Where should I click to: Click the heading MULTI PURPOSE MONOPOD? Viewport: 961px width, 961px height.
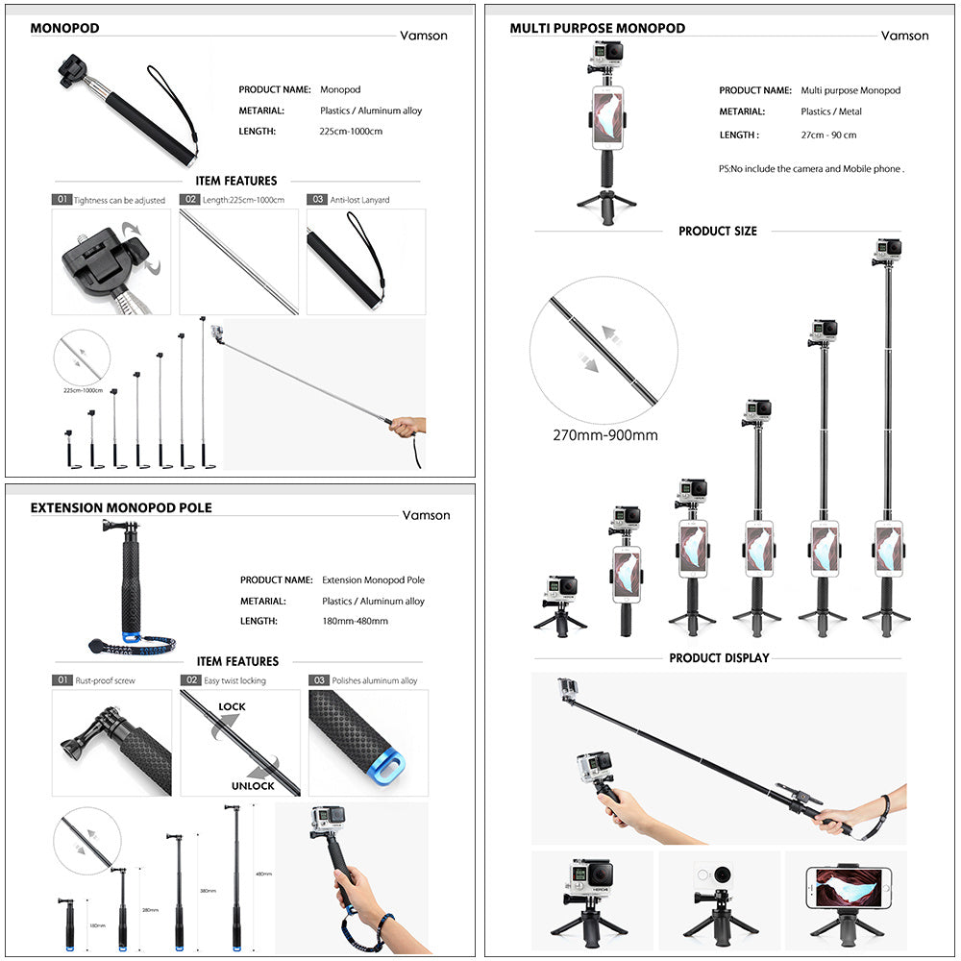(x=597, y=28)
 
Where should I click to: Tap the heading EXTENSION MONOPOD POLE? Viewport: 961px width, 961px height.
(x=121, y=507)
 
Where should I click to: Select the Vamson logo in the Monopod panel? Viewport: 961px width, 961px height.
(x=424, y=36)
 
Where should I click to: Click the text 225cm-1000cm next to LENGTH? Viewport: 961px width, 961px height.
(x=351, y=132)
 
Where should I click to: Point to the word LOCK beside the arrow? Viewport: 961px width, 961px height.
(x=232, y=707)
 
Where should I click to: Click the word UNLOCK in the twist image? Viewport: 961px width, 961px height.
(x=252, y=786)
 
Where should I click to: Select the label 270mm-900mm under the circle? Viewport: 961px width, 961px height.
(x=604, y=435)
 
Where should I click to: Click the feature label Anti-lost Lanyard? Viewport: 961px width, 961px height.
(x=359, y=200)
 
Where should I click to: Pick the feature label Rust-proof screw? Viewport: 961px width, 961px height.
(x=106, y=680)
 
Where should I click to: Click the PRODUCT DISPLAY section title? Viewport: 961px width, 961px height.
(x=719, y=658)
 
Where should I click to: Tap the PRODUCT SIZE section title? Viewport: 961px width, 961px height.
(x=718, y=232)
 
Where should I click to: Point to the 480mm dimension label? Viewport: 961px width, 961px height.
(x=263, y=875)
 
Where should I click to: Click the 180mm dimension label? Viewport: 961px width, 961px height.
(x=96, y=926)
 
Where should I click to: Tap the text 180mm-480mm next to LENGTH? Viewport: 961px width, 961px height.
(x=355, y=622)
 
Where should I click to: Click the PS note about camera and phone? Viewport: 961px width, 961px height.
(x=811, y=169)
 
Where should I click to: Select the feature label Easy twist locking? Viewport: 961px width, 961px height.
(x=234, y=680)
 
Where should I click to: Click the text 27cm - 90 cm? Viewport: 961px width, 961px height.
(x=828, y=136)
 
